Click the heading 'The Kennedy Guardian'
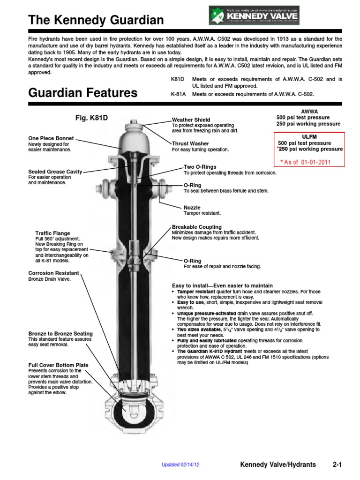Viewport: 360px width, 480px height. coord(96,20)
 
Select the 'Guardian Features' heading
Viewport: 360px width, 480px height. coord(83,92)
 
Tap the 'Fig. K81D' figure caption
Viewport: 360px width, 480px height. coord(92,117)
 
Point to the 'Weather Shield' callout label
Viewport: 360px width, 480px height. coord(191,120)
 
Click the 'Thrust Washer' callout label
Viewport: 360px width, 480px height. coord(190,143)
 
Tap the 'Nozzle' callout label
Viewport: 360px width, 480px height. coord(192,207)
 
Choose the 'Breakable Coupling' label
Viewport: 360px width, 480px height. coord(197,227)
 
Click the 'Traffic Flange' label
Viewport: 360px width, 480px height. coord(53,233)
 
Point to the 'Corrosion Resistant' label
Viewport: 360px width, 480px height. coord(54,273)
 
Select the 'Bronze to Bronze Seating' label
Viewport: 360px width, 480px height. coord(60,333)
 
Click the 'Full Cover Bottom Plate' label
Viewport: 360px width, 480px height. coord(58,365)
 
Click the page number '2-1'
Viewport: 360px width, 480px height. coord(337,465)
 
